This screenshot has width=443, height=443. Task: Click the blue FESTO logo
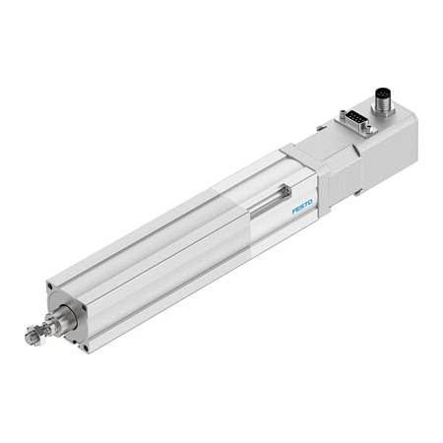301,207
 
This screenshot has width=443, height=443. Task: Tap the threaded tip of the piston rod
31,338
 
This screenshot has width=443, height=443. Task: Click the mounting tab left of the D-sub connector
322,127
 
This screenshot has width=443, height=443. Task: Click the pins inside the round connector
384,95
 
